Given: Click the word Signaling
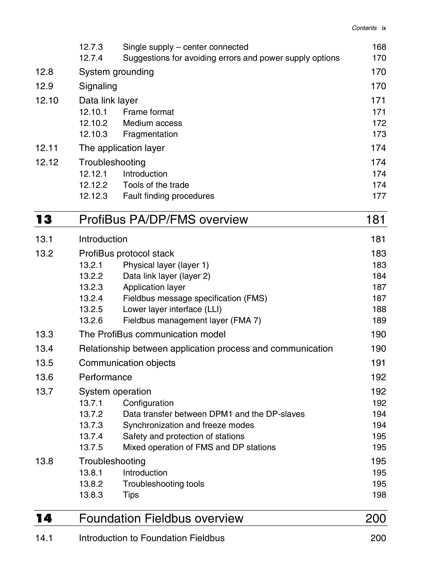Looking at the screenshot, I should (x=98, y=86).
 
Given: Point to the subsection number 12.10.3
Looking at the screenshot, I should (x=93, y=134).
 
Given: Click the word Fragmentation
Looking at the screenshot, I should (x=150, y=134).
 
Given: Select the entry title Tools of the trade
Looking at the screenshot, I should (x=156, y=185).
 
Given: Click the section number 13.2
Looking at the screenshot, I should (x=44, y=253).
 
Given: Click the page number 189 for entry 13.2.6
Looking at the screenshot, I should (x=379, y=320).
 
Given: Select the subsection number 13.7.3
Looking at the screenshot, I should (x=91, y=425).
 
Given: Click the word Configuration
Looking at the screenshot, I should (x=148, y=403).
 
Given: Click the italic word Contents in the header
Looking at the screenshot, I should (x=364, y=28).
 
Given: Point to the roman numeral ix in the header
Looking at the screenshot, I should (x=384, y=28).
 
